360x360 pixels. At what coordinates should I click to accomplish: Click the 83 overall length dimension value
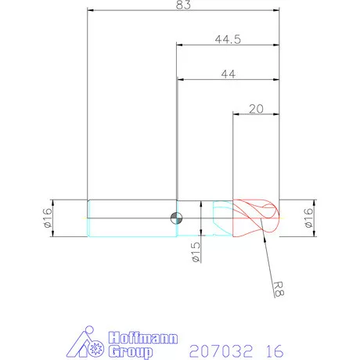(x=183, y=5)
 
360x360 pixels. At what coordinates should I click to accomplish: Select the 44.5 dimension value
(x=228, y=40)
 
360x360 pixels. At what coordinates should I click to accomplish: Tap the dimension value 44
(x=229, y=74)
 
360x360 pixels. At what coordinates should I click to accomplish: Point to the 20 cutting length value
(x=256, y=109)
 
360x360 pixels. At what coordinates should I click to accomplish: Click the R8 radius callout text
(x=278, y=289)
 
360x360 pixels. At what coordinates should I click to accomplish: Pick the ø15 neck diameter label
(x=196, y=252)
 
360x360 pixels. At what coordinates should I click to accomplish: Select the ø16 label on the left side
(x=48, y=218)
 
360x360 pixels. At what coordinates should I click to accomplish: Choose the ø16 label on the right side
(x=308, y=218)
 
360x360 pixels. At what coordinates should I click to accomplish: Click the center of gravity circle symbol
(x=176, y=218)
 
